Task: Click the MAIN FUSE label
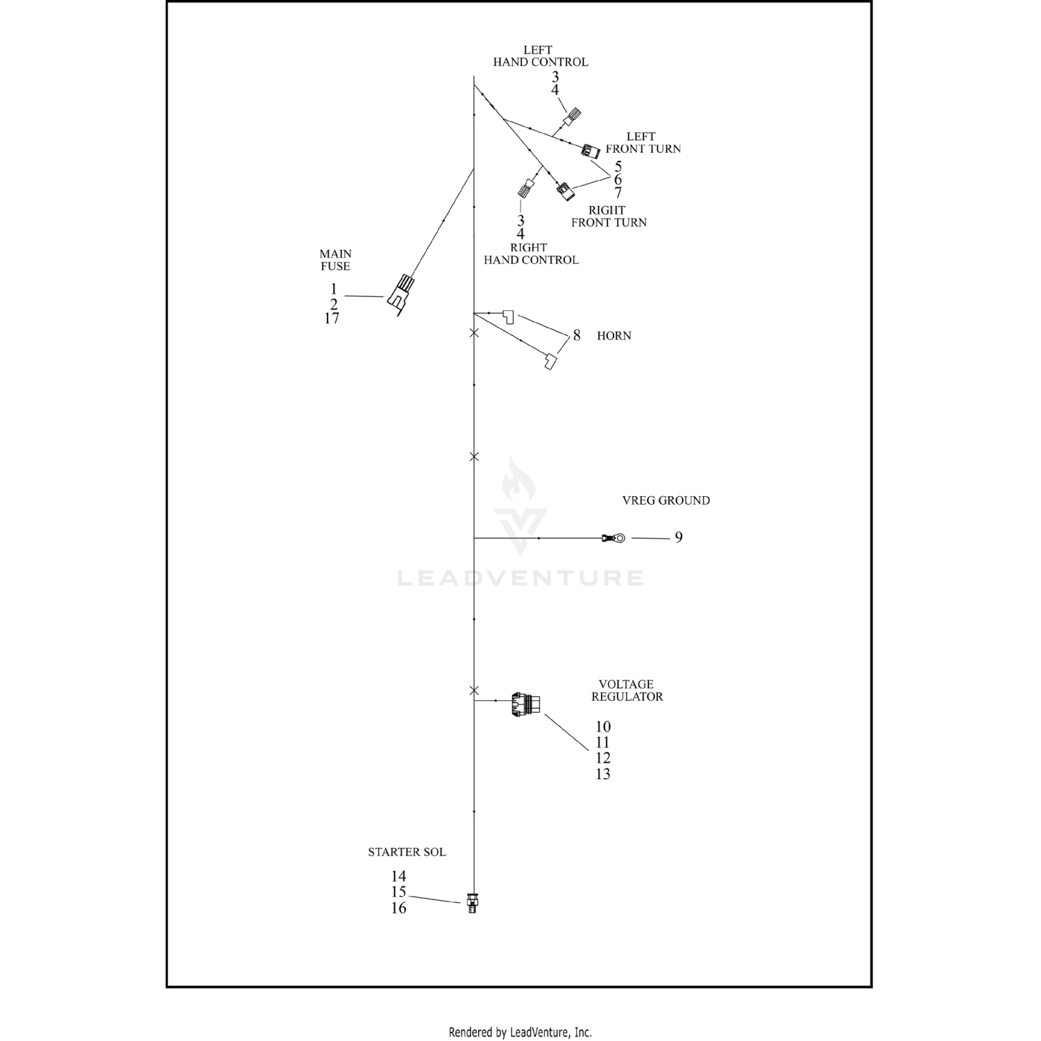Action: [335, 260]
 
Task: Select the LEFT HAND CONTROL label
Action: [540, 56]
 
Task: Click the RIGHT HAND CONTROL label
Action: [531, 254]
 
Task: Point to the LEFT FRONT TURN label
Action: [643, 143]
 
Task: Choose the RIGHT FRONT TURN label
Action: [609, 217]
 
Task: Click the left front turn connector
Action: [591, 151]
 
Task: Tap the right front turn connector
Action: [566, 190]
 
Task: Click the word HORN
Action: [614, 336]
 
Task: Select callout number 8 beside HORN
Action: [577, 336]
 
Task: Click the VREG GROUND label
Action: [666, 500]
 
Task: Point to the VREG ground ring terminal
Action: [614, 538]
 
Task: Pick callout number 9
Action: [679, 537]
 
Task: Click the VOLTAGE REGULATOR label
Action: [627, 691]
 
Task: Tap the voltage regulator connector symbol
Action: [526, 704]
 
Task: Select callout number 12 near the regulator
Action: [603, 758]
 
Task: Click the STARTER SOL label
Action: [407, 852]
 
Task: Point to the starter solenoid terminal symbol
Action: [473, 903]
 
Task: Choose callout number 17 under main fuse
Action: [332, 319]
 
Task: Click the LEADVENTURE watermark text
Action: [520, 578]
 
